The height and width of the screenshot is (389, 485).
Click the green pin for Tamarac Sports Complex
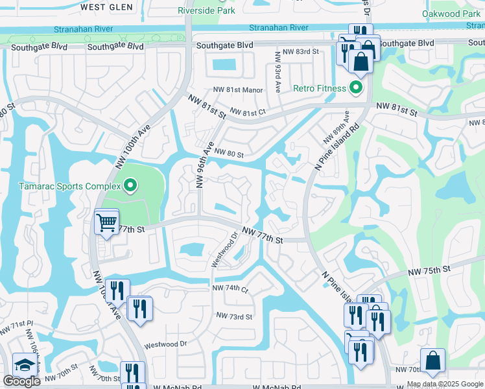tap(130, 187)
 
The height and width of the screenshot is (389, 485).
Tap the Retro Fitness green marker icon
tap(355, 88)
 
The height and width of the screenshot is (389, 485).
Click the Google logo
tap(21, 381)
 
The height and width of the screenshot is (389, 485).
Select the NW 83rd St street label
tap(298, 51)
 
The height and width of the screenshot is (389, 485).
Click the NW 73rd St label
tap(234, 316)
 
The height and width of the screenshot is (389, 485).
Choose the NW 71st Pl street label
tap(11, 327)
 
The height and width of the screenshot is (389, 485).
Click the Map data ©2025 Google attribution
tap(445, 384)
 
